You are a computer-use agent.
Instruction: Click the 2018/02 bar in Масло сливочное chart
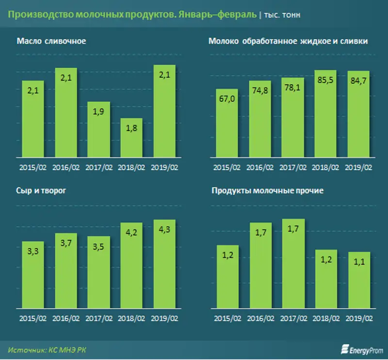pyautogui.click(x=131, y=138)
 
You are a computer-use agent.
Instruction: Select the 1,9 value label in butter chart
pyautogui.click(x=98, y=111)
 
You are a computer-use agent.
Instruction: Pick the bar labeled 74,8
pyautogui.click(x=260, y=119)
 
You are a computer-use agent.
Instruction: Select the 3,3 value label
pyautogui.click(x=32, y=250)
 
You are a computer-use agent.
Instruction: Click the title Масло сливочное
pyautogui.click(x=51, y=41)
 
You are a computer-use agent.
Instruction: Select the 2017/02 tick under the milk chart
pyautogui.click(x=293, y=168)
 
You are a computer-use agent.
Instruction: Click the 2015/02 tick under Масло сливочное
pyautogui.click(x=32, y=168)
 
